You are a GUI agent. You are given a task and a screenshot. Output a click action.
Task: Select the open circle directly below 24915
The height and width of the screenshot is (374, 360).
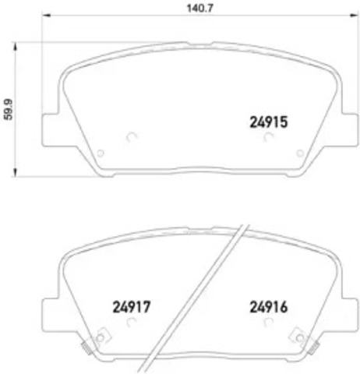[x=268, y=137]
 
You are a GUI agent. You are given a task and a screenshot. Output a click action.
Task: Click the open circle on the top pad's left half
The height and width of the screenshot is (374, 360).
[x=130, y=137]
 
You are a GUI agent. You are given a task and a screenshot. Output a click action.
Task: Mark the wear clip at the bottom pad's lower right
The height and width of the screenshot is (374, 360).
[x=296, y=337]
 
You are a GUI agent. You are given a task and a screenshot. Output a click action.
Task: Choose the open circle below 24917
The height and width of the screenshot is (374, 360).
[x=130, y=323]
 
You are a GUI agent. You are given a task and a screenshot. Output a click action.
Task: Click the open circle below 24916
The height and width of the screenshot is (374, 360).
[x=268, y=323]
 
